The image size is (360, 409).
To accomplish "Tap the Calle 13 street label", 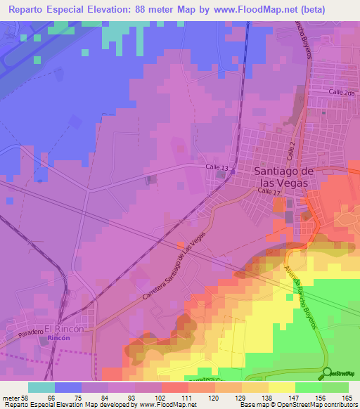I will click(217, 167).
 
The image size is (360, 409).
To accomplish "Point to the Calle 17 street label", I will click(269, 191).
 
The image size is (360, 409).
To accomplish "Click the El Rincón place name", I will click(65, 328).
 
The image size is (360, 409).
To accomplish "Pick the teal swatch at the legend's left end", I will click(41, 387).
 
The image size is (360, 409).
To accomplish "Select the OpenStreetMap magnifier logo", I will click(327, 372).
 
